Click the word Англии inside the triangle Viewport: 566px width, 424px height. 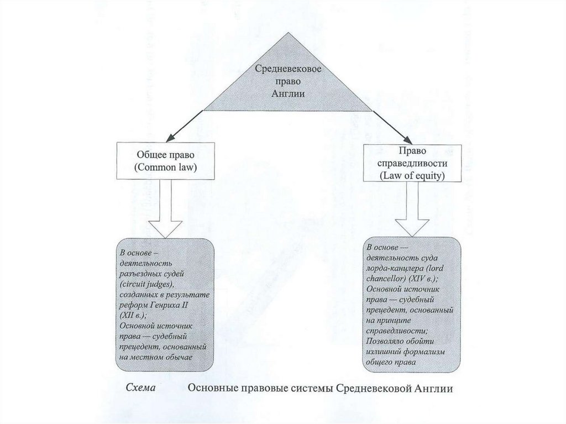click(x=289, y=93)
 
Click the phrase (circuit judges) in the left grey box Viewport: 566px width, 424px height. click(x=146, y=284)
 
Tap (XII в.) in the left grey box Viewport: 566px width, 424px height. click(x=132, y=315)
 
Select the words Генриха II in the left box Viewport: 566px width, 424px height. click(x=169, y=305)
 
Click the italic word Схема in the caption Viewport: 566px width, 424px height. click(x=140, y=388)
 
